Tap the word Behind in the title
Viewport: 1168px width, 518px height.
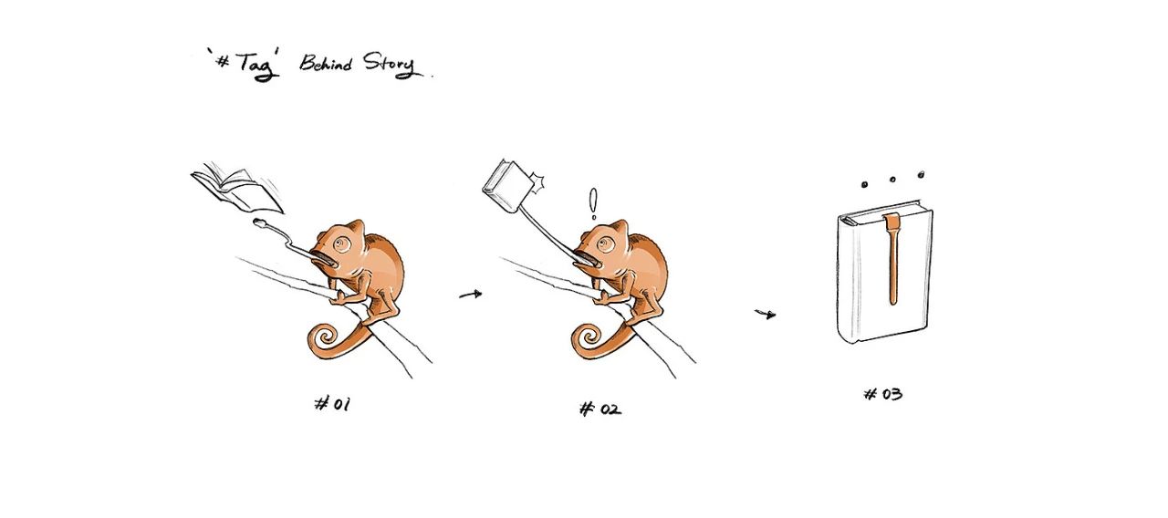tap(326, 63)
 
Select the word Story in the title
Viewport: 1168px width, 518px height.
tap(390, 65)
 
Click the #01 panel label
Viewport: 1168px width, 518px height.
tap(333, 404)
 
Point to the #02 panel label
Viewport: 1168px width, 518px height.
tap(600, 409)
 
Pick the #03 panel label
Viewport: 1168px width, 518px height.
tap(882, 393)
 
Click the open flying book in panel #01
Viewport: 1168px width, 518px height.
tap(237, 189)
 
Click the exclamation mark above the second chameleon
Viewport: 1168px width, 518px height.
tap(593, 203)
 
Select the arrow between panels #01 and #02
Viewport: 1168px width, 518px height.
tap(471, 295)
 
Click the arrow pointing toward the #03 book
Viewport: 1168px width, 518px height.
tap(766, 314)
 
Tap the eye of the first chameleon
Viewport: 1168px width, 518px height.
tap(342, 243)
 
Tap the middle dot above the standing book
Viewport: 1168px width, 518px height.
tap(892, 180)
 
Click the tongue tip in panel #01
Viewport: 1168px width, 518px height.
tap(260, 223)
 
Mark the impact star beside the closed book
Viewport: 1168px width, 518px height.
tap(537, 183)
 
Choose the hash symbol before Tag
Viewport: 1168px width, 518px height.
tap(224, 61)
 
